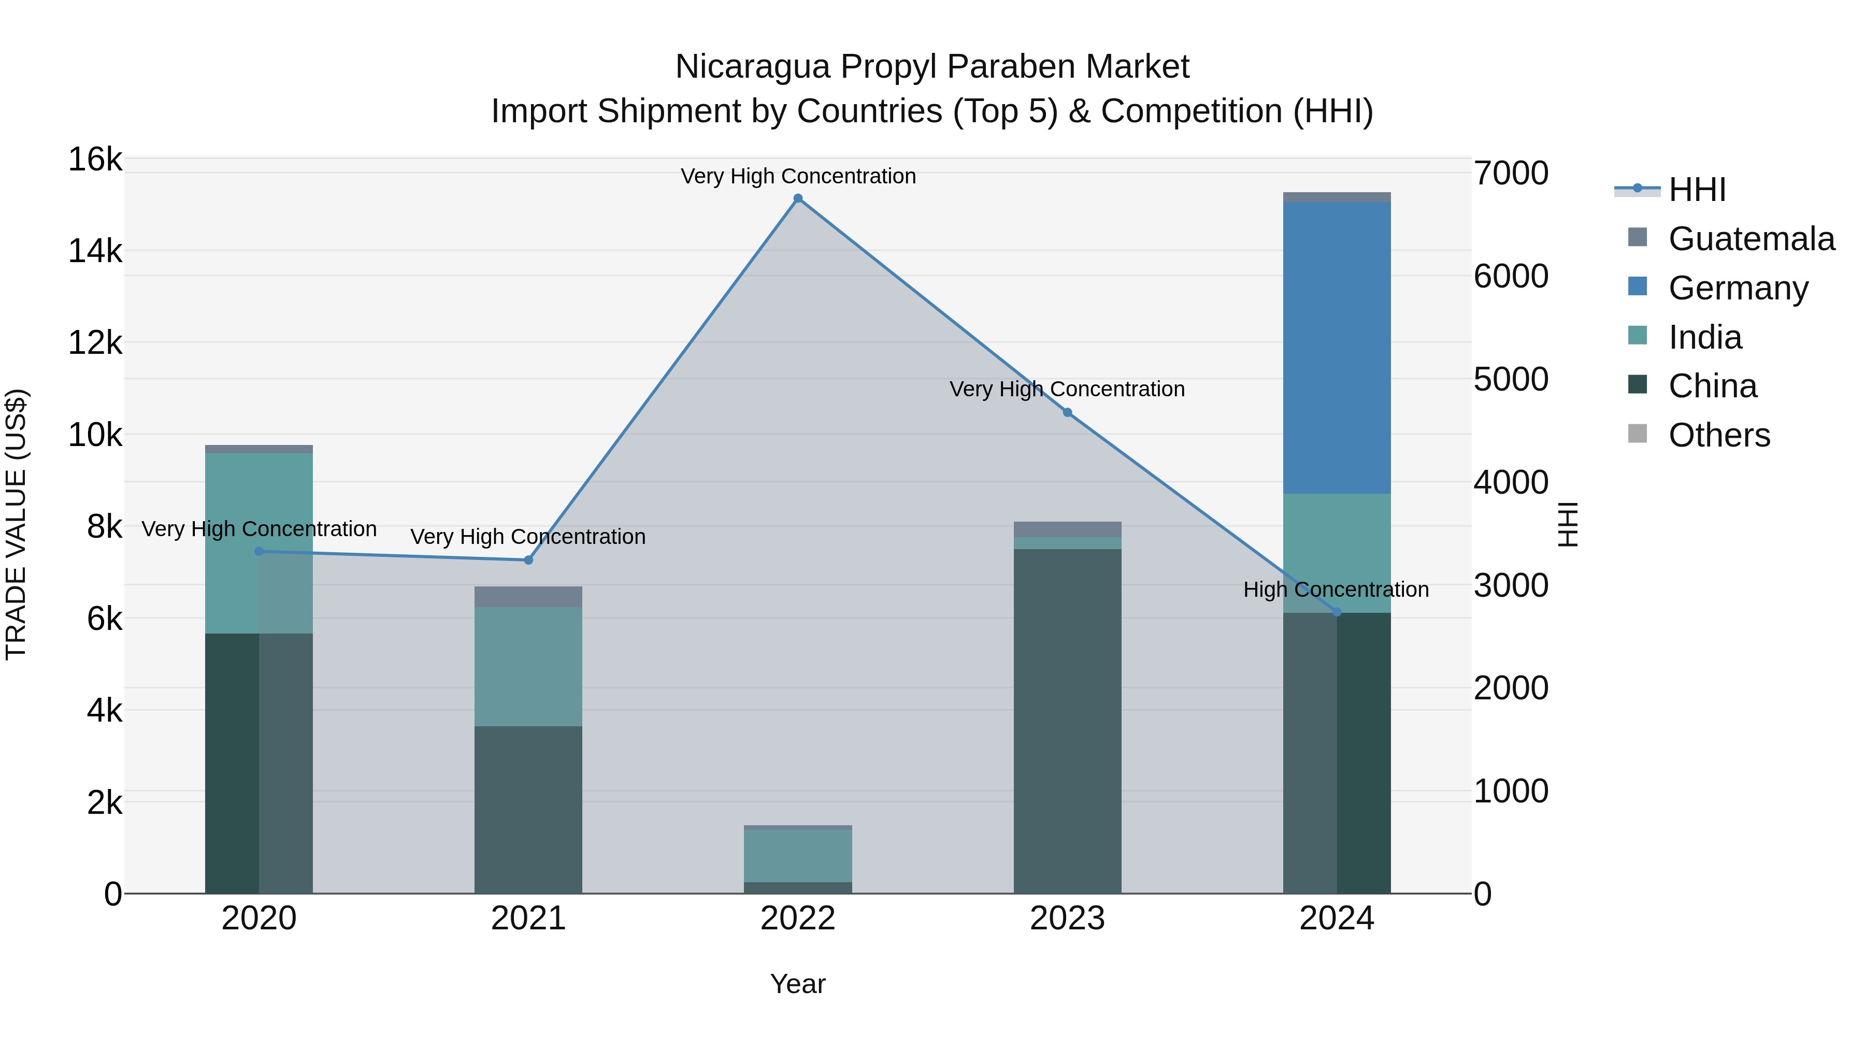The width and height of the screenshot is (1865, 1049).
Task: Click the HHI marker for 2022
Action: coord(798,198)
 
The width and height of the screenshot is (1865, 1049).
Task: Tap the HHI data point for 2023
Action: coord(1067,413)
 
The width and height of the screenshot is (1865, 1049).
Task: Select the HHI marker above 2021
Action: coord(528,561)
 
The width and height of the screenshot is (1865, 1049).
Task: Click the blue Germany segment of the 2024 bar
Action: coord(1337,348)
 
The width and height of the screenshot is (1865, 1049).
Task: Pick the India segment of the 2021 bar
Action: coord(528,666)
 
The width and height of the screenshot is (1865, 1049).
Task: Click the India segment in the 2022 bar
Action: coord(798,856)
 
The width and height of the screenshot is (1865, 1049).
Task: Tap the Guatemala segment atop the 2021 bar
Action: coord(528,597)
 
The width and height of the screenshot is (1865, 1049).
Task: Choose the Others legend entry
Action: coord(1719,435)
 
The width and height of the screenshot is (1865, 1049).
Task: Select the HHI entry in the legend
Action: coord(1697,190)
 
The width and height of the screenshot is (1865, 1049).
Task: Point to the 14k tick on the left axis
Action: coord(95,251)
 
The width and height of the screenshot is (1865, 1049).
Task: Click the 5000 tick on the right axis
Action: coord(1511,379)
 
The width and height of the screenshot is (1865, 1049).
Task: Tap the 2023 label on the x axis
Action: coord(1067,918)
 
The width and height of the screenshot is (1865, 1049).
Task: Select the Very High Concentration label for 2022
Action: coord(798,176)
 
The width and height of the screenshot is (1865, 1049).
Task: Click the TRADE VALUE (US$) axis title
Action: coord(16,524)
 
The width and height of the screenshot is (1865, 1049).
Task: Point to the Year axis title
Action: coord(798,984)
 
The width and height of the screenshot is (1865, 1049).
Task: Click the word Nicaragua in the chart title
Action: coord(752,67)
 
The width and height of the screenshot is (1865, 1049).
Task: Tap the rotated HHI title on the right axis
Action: coord(1568,524)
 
